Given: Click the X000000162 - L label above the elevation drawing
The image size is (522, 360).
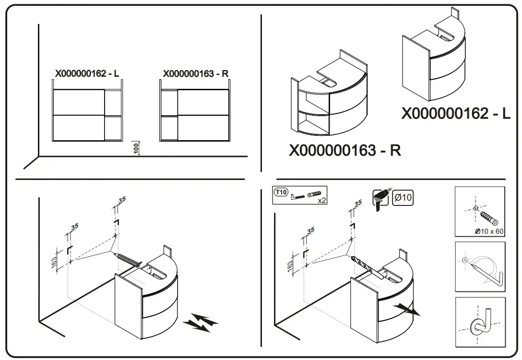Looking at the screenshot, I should (x=87, y=74).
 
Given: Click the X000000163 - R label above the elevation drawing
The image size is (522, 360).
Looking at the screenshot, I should (x=196, y=74).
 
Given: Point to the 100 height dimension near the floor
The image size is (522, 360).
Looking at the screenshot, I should (x=136, y=147).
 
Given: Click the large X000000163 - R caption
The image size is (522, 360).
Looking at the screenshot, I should (x=345, y=151).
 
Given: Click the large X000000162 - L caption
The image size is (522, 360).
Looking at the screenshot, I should (x=456, y=114).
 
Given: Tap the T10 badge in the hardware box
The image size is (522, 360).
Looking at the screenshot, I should (x=281, y=192).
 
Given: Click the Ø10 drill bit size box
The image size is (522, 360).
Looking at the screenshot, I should (x=403, y=197).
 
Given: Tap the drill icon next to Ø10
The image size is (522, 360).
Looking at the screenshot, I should (x=382, y=198).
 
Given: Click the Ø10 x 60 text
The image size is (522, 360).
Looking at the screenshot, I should (x=489, y=231).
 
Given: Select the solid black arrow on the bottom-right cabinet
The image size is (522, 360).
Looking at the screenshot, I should (x=408, y=310).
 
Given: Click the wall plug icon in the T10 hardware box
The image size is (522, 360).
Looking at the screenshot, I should (x=313, y=194).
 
